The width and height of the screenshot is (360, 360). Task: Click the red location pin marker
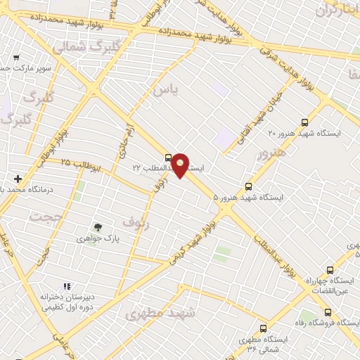pos(181,165)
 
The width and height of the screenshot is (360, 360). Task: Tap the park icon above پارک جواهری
pos(98,227)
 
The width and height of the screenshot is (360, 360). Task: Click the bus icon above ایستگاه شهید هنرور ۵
pos(248,186)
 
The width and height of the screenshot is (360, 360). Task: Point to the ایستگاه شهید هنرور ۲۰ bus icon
pos(304,122)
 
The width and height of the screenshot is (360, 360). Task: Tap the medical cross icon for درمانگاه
pos(18,179)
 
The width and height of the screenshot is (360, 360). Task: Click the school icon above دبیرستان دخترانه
pos(67,286)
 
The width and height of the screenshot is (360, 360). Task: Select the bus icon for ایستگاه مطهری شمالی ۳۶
pos(263,328)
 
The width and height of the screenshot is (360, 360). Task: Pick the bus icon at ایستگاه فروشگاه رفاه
pos(328,312)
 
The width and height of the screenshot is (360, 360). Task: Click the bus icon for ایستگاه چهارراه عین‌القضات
pos(330,270)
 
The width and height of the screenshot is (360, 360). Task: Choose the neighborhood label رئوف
pos(136,222)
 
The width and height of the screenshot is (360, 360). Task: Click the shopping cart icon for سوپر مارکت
pos(17,57)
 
